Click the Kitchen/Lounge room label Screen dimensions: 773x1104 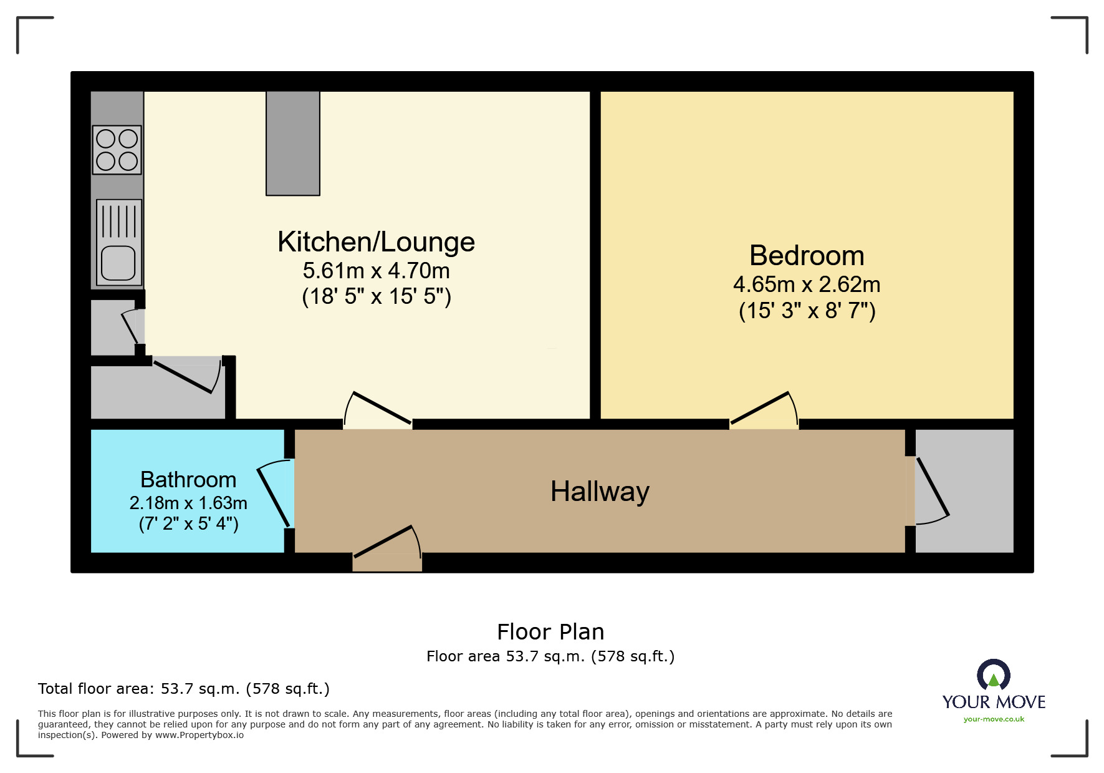click(x=376, y=242)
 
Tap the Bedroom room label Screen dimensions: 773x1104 click(x=807, y=256)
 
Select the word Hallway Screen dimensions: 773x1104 click(x=600, y=492)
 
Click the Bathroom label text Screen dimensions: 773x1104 click(x=188, y=480)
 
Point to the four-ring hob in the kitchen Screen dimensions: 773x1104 click(x=117, y=150)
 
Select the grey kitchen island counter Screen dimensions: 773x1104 click(x=293, y=143)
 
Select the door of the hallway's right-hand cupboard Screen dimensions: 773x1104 click(x=931, y=490)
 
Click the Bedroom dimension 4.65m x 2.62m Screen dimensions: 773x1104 click(x=807, y=284)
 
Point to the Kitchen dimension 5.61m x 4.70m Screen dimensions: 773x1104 click(x=376, y=271)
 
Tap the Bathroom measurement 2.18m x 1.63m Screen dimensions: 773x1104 click(x=188, y=503)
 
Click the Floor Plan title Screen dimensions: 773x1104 click(x=550, y=632)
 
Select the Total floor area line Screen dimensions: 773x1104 click(x=183, y=689)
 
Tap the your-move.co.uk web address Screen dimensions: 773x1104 click(x=994, y=719)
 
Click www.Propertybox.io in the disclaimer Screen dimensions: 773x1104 click(x=199, y=736)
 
